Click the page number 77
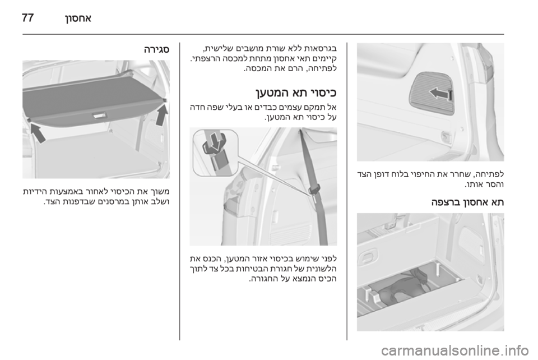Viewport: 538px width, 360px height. tap(28, 17)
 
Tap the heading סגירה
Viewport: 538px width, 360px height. tap(156, 50)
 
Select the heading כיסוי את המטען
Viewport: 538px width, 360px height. tap(296, 93)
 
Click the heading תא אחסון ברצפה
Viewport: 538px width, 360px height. tap(467, 202)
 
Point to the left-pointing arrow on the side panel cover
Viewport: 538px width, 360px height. tap(440, 93)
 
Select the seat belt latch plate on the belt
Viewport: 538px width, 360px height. tap(314, 191)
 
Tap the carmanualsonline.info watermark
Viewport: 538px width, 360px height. tap(454, 350)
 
